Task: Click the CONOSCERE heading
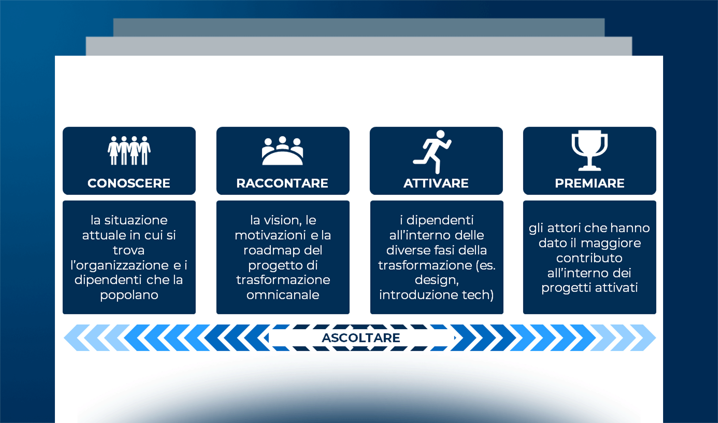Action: point(129,183)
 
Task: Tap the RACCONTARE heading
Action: point(282,183)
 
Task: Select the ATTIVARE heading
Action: point(436,183)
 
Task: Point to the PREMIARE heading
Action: point(590,183)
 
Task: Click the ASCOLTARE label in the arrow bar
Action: point(361,338)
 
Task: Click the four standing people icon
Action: point(129,151)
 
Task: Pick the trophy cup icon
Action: point(590,150)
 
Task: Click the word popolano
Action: point(129,295)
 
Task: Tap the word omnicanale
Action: point(283,295)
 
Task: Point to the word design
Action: point(436,280)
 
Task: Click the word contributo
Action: point(589,258)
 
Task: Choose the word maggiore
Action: point(611,243)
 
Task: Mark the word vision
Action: point(282,220)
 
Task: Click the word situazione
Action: point(136,220)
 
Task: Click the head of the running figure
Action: point(441,134)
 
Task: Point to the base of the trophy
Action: point(590,168)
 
